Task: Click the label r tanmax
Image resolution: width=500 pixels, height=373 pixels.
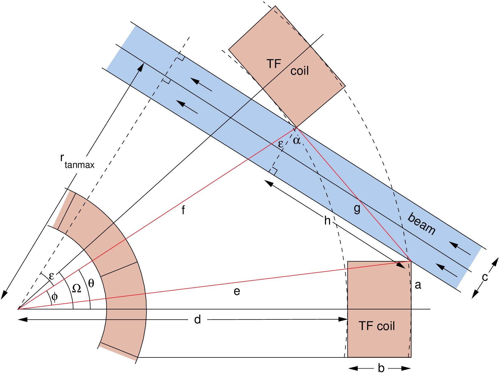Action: (77, 162)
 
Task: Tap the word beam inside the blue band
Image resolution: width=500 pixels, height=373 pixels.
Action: (422, 224)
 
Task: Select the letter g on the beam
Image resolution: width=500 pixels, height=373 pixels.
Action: (357, 208)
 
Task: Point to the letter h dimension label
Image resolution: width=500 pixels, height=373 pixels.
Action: (327, 221)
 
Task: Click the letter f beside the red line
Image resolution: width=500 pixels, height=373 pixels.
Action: (183, 210)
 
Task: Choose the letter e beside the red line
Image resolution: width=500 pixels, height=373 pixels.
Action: (237, 292)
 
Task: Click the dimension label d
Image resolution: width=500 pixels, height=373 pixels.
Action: (198, 319)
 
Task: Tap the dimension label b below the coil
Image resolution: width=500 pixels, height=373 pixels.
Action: (381, 368)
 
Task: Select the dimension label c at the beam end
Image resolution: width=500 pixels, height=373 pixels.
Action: (485, 277)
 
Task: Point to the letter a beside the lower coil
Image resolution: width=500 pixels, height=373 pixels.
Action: (418, 285)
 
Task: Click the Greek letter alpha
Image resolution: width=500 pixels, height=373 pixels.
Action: (297, 140)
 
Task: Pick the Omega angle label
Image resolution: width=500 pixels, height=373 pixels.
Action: (77, 288)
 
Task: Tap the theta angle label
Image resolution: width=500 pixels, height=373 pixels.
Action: (91, 283)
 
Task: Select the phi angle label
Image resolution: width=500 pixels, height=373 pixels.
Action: (55, 296)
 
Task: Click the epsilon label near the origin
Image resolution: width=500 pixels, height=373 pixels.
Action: (51, 276)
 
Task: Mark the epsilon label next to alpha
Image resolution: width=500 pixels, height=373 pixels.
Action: (281, 144)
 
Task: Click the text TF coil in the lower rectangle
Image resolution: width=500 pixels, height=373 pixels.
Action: (377, 326)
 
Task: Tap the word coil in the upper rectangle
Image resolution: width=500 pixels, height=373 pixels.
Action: (300, 71)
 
